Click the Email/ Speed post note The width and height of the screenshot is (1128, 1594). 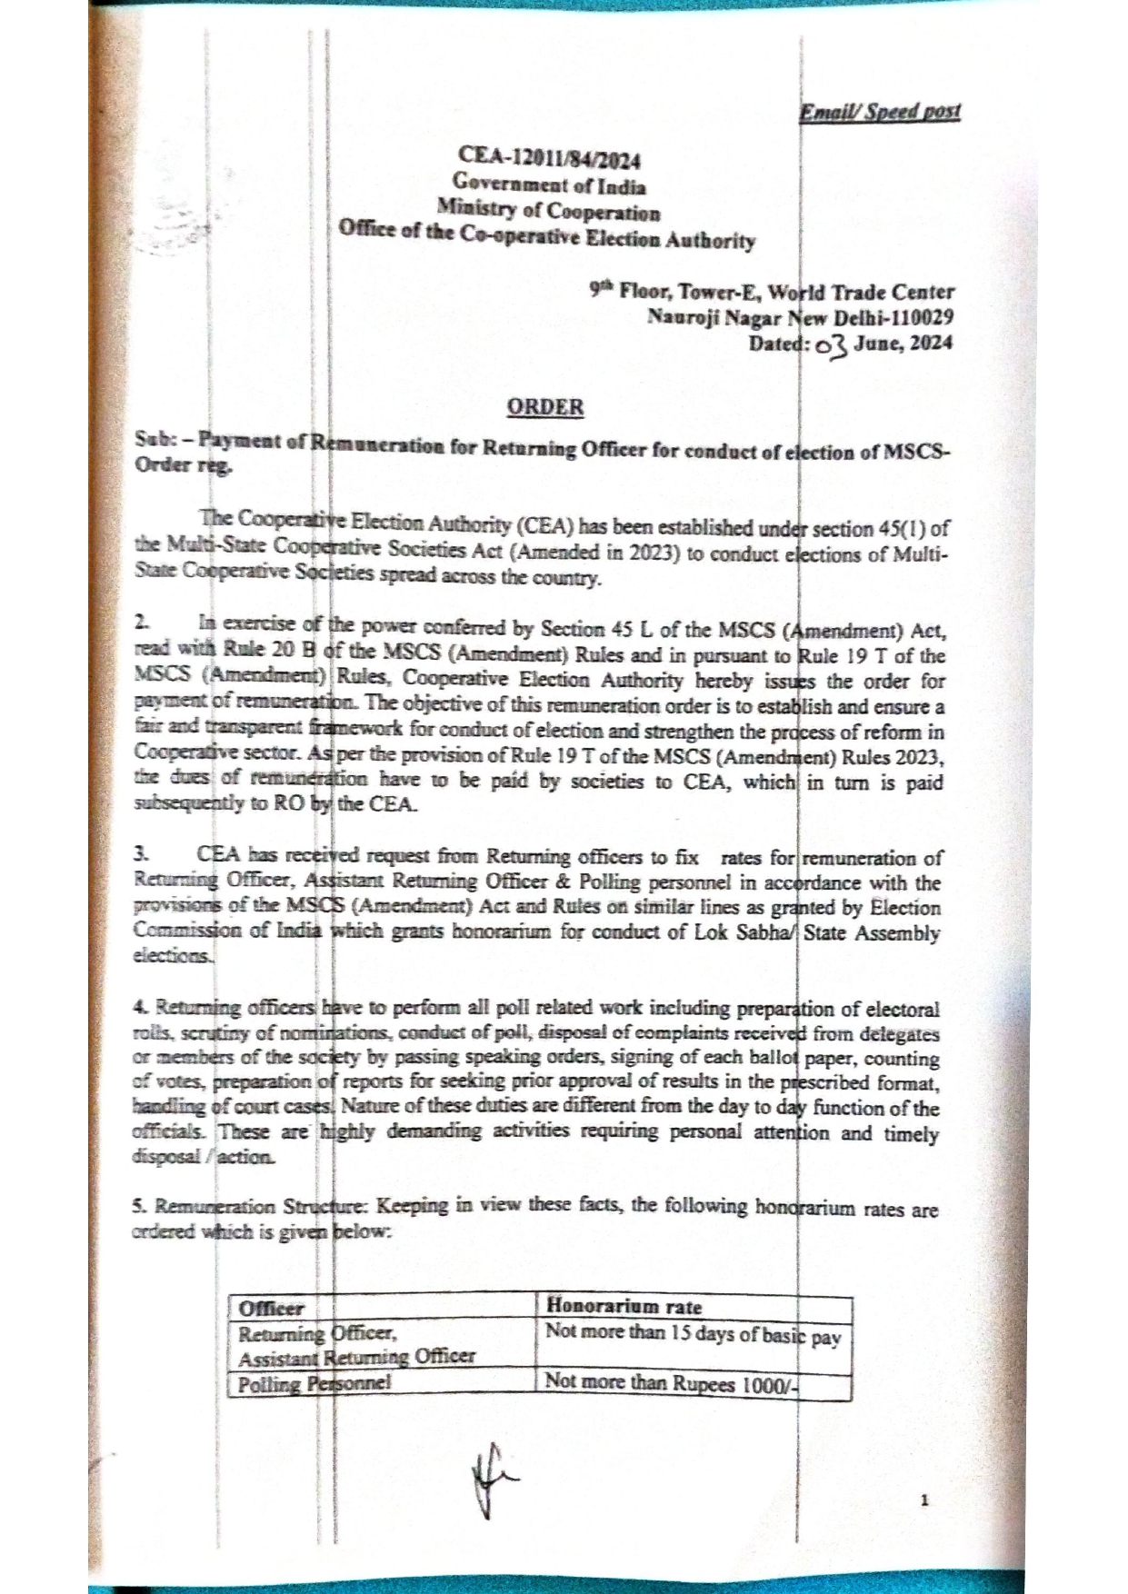[x=879, y=112]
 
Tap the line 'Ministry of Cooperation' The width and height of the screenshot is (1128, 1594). [x=548, y=213]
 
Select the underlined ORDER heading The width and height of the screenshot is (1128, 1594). [x=545, y=406]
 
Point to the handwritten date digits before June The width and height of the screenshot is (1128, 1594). [x=832, y=345]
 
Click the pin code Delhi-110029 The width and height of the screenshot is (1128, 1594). [x=901, y=317]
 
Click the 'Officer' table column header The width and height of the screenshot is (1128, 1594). [x=271, y=1309]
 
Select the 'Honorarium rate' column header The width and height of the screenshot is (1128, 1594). [x=624, y=1307]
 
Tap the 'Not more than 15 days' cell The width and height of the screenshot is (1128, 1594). [x=693, y=1334]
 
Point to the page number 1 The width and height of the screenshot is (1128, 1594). [x=924, y=1500]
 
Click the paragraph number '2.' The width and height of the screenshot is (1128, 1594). [x=141, y=623]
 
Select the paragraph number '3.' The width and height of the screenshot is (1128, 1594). [x=141, y=854]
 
